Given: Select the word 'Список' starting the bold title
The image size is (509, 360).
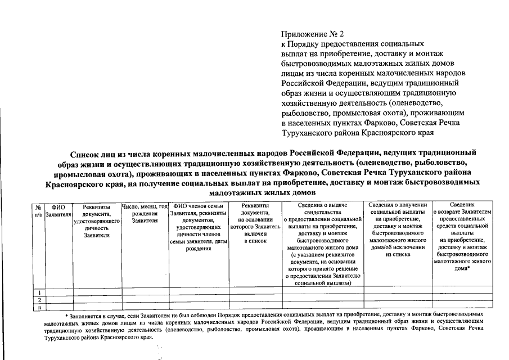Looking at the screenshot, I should pos(84,153).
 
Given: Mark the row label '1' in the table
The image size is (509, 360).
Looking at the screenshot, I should pos(39,292).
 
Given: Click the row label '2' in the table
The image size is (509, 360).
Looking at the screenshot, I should pos(39,300).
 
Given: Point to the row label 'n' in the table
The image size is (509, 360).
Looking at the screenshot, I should pos(39,307).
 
